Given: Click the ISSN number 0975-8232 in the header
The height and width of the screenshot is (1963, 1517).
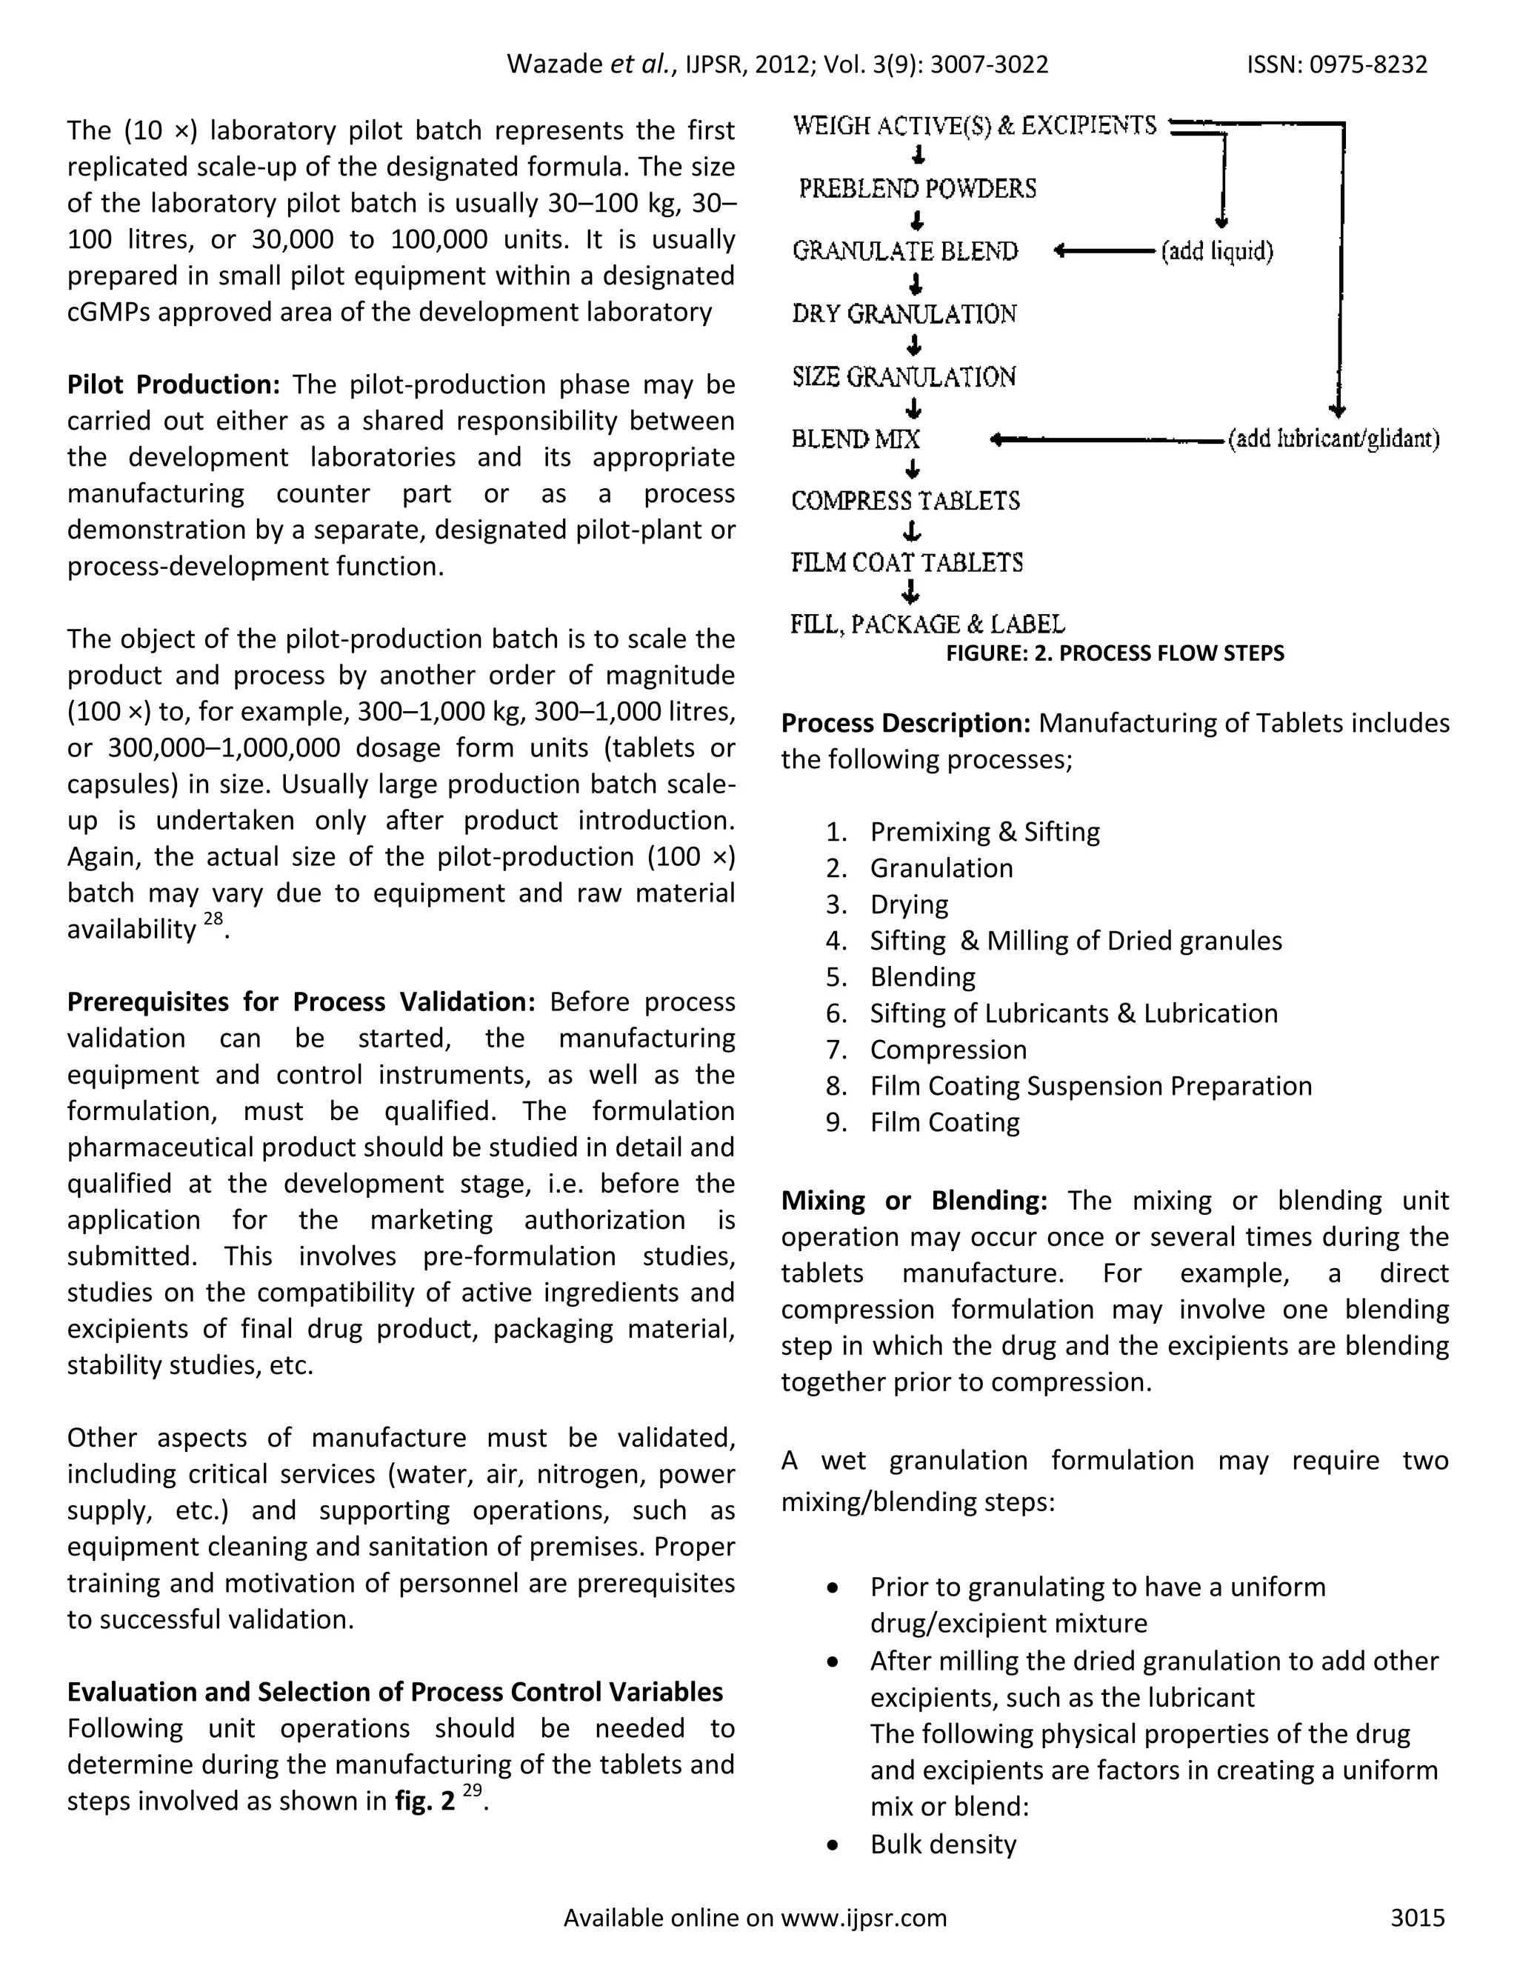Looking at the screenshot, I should pos(1368,64).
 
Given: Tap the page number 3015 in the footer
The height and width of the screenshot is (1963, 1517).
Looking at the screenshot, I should pos(1417,1917).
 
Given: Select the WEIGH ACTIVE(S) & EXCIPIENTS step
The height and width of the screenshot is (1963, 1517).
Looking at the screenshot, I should pos(974,126).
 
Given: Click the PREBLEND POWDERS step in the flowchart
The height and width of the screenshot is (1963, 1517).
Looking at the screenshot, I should pos(918,189).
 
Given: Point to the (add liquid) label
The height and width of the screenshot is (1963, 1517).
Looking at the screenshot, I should pos(1217,251).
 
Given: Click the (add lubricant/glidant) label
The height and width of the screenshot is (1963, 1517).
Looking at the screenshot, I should pos(1333,439).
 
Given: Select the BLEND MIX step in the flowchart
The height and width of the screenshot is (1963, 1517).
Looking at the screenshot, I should pos(856,439).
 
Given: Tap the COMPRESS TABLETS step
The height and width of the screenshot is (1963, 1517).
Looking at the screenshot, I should pos(905,501).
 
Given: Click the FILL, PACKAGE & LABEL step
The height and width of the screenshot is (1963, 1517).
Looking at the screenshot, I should pos(927,624).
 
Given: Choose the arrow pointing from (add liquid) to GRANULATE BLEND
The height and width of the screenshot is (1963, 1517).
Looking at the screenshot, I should pos(1104,251).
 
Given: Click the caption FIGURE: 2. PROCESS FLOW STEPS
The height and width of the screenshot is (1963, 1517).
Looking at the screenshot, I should pos(1114,653).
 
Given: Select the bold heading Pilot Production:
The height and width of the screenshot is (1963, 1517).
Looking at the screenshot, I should pos(173,384).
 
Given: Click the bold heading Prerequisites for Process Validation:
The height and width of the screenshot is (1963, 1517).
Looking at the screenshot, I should pos(301,1002).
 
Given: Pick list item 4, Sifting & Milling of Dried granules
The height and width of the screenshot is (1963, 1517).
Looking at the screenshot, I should pos(1075,940).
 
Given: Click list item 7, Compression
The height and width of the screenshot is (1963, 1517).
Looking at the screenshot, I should pos(947,1049).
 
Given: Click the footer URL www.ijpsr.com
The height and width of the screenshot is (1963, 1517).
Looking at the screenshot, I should pos(864,1917).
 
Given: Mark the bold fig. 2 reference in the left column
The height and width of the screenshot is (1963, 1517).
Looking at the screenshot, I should pos(424,1802).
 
